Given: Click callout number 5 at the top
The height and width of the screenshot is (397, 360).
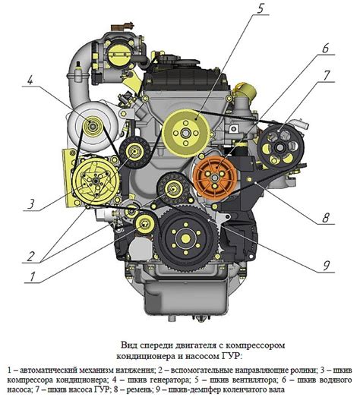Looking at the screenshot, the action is click(260, 8).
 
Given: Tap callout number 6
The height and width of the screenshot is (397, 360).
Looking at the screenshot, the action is click(325, 48).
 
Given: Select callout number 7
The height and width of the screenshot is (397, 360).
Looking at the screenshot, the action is click(327, 75).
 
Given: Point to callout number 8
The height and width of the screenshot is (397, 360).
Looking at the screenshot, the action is click(326, 218).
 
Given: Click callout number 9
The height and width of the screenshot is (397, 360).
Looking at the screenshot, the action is click(326, 266).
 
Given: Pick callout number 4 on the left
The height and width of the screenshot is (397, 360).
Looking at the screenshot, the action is click(30, 80).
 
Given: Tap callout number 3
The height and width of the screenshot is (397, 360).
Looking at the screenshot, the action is click(30, 204).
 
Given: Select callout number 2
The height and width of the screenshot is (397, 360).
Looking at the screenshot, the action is click(30, 257).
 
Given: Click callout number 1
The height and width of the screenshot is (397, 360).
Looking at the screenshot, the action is click(32, 277).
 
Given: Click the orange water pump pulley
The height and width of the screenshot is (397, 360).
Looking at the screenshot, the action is click(215, 177).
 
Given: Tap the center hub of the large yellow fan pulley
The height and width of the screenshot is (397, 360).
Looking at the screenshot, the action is click(186, 133).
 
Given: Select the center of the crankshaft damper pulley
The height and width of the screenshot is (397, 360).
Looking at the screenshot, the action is click(186, 238).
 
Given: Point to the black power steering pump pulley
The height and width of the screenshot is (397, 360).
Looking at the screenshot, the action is click(280, 147).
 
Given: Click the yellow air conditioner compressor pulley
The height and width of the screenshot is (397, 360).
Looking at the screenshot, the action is click(96, 181).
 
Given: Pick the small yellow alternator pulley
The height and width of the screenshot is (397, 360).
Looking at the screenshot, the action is click(92, 125).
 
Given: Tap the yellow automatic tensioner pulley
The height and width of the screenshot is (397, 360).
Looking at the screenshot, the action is click(144, 223).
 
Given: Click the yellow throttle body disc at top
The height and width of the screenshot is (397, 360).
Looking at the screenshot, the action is click(118, 55).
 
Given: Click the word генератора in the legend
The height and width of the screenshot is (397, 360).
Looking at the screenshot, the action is click(169, 380).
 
